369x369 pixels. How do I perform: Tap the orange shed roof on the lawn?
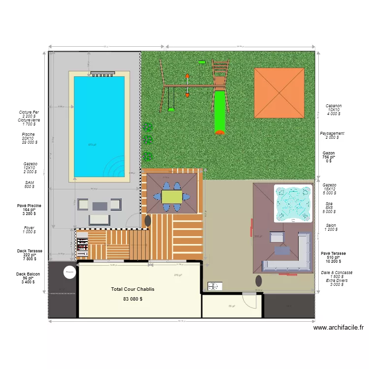[279, 92]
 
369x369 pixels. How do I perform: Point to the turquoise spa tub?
[293, 203]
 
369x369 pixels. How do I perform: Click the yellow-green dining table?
[172, 196]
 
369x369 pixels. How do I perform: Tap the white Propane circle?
[69, 271]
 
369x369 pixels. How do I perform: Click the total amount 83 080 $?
[133, 299]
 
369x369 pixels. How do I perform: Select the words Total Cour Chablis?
[133, 289]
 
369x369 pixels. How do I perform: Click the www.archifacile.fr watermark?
[338, 328]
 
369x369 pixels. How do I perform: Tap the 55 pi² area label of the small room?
[231, 306]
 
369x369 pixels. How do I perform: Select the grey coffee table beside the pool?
[99, 204]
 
